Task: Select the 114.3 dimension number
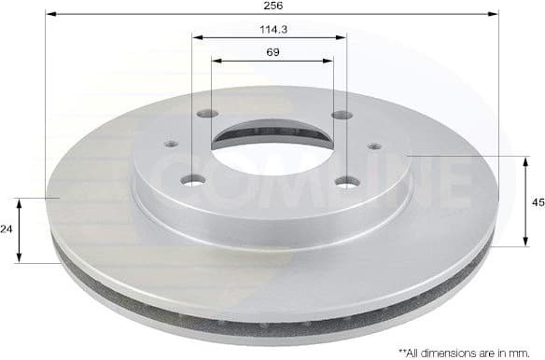[272, 29]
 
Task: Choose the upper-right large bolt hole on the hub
[342, 116]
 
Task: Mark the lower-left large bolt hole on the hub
[193, 180]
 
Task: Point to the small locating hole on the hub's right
[373, 145]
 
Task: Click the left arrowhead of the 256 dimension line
[49, 15]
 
